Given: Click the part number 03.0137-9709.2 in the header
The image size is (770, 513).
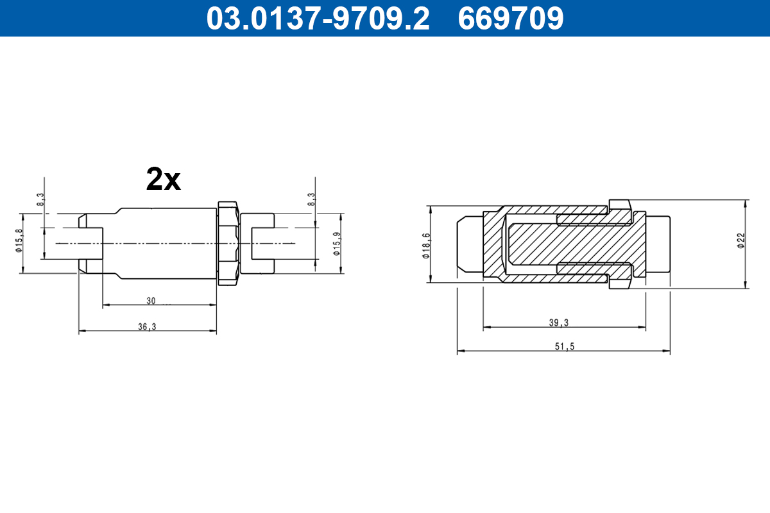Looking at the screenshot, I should (318, 18).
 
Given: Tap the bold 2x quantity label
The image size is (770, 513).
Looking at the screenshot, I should (164, 180).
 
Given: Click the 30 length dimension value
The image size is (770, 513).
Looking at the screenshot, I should (151, 301).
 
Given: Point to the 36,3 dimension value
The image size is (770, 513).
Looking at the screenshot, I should (147, 326).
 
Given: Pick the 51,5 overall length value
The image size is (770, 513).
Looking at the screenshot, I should (563, 346).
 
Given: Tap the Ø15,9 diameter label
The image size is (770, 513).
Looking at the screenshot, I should (336, 244).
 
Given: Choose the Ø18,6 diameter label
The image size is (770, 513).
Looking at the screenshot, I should (425, 246).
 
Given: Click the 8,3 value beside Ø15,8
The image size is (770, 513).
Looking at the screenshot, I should (40, 200).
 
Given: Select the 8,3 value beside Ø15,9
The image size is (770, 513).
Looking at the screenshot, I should (312, 199).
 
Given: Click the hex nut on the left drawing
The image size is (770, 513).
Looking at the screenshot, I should (228, 243).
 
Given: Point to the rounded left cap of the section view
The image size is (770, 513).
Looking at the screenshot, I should (468, 243).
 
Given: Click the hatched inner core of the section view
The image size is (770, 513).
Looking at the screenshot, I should (552, 244).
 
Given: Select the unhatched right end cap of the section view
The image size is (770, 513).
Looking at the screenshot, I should (658, 243).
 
